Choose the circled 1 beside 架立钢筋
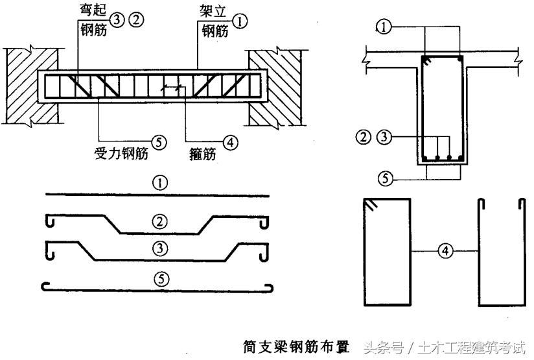click(239, 21)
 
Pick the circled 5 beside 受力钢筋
click(157, 139)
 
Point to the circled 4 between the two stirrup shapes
click(444, 250)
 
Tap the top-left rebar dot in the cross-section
click(424, 60)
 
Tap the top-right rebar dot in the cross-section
click(459, 60)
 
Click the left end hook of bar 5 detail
click(46, 285)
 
